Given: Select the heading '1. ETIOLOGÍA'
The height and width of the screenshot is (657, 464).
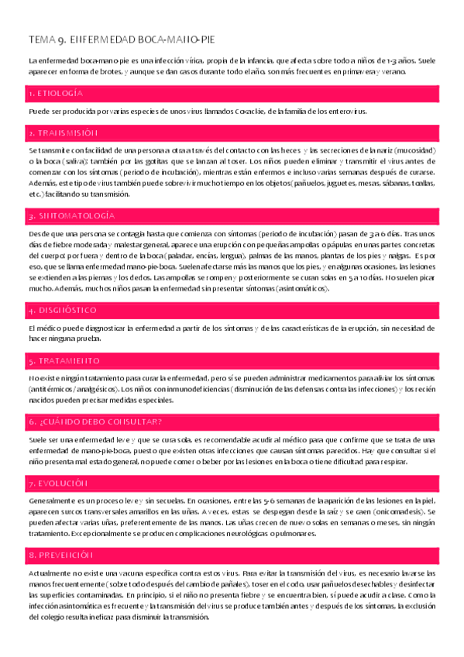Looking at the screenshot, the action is pyautogui.click(x=55, y=93).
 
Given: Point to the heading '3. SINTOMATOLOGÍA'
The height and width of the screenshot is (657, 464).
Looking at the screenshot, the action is pyautogui.click(x=71, y=215).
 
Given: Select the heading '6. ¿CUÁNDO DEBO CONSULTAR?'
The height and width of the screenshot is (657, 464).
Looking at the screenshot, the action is pyautogui.click(x=95, y=421).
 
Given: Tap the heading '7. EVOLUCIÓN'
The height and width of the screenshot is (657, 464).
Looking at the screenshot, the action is pyautogui.click(x=57, y=483).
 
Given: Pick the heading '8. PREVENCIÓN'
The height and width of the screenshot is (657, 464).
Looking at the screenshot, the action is pyautogui.click(x=60, y=555).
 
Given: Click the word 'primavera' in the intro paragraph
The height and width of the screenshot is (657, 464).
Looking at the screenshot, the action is pyautogui.click(x=352, y=71).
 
